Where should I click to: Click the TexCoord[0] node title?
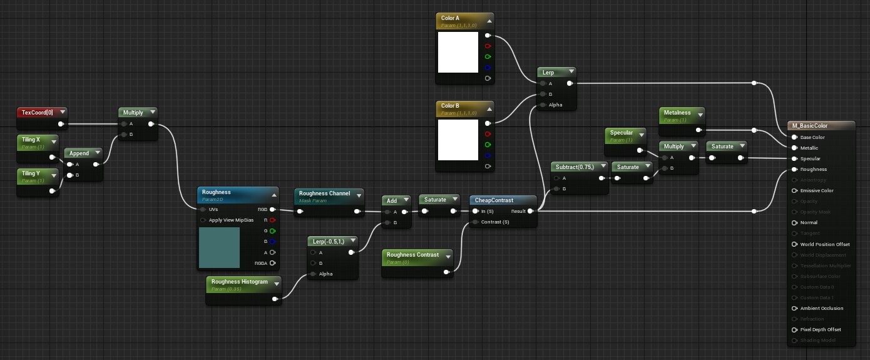(x=38, y=113)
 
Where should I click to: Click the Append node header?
(x=79, y=153)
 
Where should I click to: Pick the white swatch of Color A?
(x=458, y=52)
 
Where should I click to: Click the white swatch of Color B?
(x=458, y=140)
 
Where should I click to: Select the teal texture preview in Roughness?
(x=219, y=247)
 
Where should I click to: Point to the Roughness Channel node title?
(x=324, y=193)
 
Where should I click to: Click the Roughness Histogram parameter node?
(x=239, y=282)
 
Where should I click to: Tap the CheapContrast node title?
(x=494, y=200)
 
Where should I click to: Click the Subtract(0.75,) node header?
(x=575, y=167)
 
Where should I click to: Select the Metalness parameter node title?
(x=677, y=113)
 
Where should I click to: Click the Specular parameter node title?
(x=622, y=133)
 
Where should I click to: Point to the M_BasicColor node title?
(x=810, y=126)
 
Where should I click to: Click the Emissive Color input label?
(x=817, y=190)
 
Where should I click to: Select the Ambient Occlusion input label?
(x=821, y=308)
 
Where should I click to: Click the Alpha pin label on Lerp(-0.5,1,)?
(x=326, y=274)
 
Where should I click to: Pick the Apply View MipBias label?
(x=231, y=220)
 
